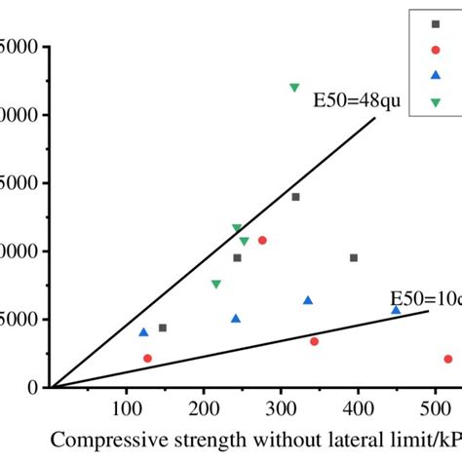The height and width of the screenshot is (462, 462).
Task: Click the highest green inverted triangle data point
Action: click(x=294, y=88)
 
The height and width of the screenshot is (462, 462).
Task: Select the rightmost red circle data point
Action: click(x=448, y=359)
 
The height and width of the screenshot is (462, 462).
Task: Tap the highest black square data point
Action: click(x=295, y=197)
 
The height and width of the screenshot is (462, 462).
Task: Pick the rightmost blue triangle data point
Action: click(x=396, y=309)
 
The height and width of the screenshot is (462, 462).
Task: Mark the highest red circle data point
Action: click(x=262, y=240)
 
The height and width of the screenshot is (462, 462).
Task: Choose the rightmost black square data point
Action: click(x=354, y=258)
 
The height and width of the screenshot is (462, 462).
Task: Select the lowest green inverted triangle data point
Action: click(x=215, y=285)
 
